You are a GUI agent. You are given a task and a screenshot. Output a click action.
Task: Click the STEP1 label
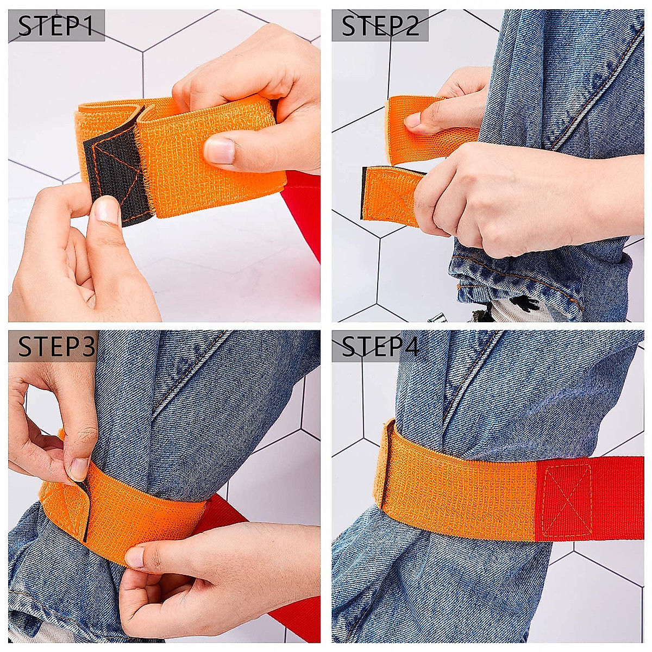[56, 26]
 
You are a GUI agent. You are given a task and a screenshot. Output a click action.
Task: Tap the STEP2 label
[380, 26]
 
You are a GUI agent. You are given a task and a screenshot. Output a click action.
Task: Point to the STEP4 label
[380, 346]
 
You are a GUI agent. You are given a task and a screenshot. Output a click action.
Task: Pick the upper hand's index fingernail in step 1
[220, 150]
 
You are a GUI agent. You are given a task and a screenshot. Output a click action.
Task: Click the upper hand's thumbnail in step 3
[79, 468]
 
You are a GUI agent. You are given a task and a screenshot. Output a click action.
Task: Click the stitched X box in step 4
[568, 499]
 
